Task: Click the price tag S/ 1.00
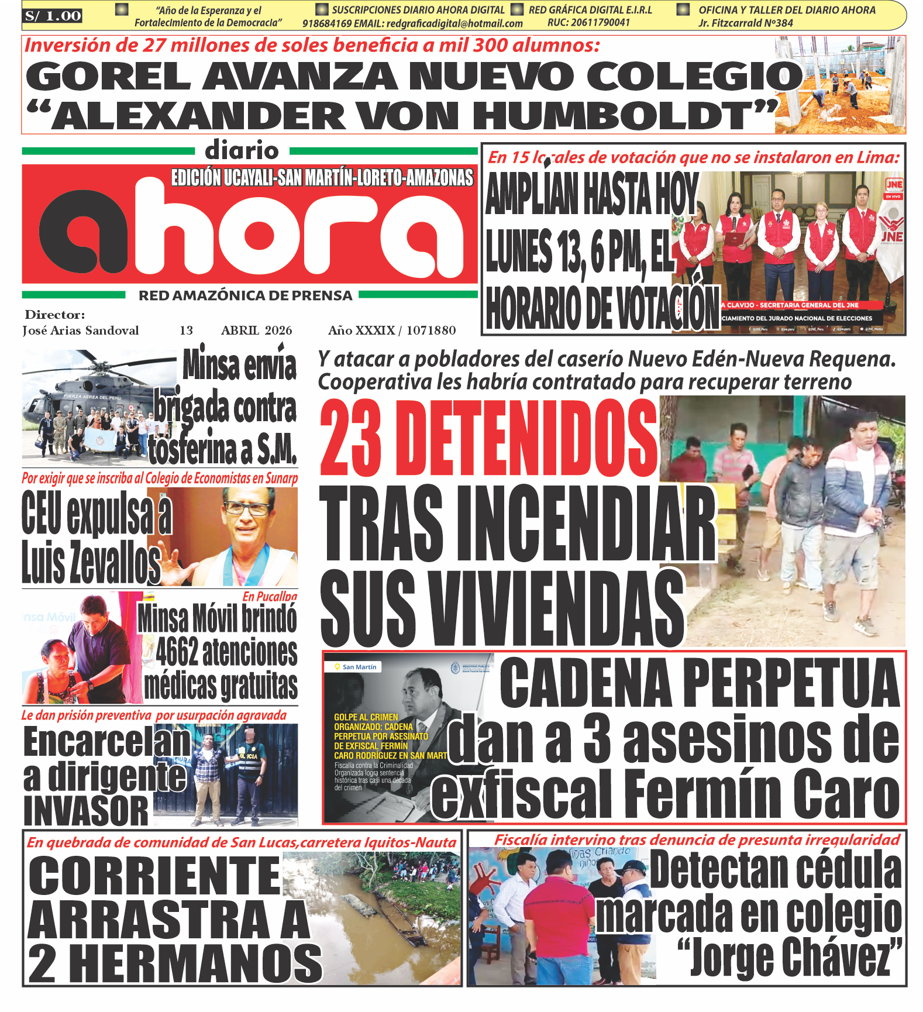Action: pos(53,16)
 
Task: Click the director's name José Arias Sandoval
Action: pos(81,331)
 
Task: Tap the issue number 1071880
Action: pos(431,331)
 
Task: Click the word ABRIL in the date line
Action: pos(240,331)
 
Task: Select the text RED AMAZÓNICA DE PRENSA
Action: pos(245,296)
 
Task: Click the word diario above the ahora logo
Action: pos(242,151)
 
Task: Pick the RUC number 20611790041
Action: pos(588,23)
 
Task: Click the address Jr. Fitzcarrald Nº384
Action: pos(745,23)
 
